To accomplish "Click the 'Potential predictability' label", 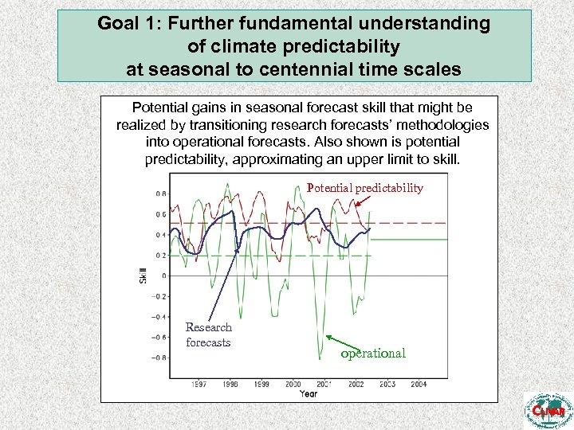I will point(364,188).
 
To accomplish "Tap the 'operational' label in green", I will point(373,353).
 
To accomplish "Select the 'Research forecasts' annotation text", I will point(208,334).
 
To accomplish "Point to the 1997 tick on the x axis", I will point(199,384).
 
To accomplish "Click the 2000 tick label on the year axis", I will point(293,384).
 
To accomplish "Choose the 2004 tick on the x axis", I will point(418,384).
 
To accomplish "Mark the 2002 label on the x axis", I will point(356,384).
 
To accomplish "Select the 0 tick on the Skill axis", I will point(163,276).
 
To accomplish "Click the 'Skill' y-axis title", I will point(143,275).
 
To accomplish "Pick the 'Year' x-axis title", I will point(309,393).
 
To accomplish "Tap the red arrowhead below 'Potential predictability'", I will point(359,204).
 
